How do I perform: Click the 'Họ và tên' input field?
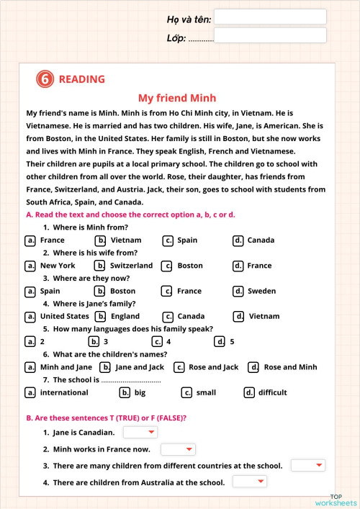point(270,17)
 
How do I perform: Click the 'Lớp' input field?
point(270,35)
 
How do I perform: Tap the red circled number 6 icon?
point(45,79)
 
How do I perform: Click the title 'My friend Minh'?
point(177,98)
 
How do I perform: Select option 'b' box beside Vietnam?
point(101,240)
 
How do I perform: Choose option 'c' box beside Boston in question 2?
point(166,266)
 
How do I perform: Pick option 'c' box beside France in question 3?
point(166,291)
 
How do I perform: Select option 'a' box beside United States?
point(30,316)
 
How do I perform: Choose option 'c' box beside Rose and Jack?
point(179,367)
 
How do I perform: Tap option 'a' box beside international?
point(30,392)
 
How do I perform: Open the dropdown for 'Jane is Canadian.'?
point(140,432)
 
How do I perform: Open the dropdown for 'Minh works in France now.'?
point(178,449)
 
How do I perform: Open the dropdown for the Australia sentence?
point(250,482)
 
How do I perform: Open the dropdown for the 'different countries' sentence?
point(309,466)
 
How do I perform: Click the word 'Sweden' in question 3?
point(261,292)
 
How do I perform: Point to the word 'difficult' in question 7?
point(272,392)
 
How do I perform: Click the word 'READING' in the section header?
point(81,79)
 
